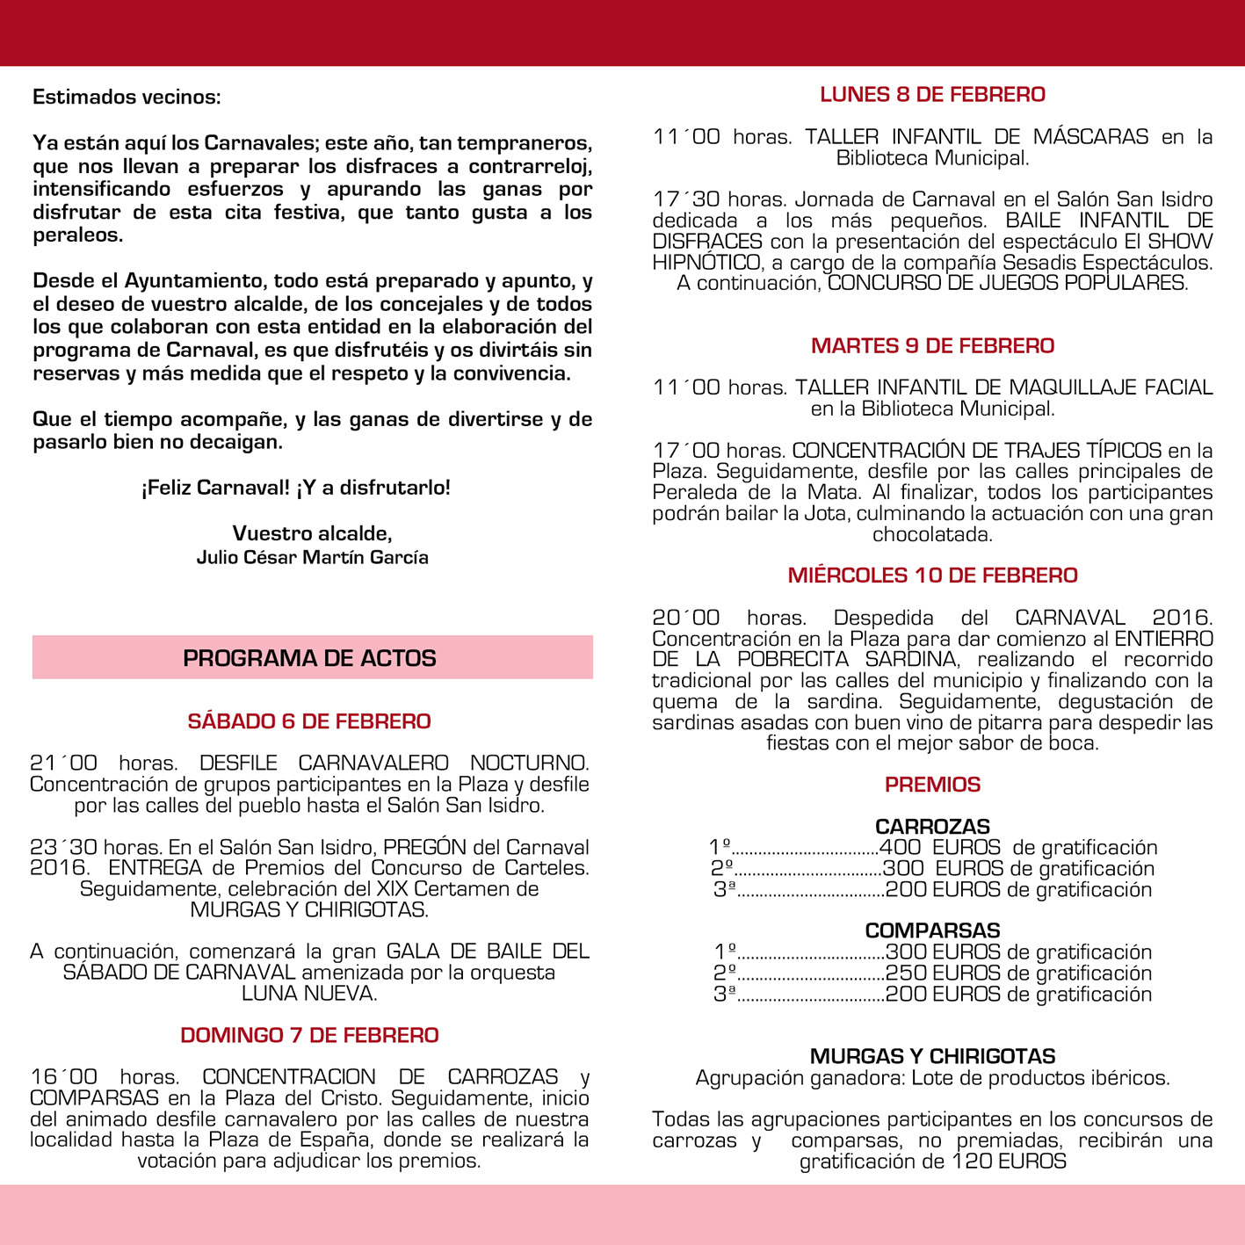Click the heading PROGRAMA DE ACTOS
[309, 658]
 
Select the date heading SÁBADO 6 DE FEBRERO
[309, 721]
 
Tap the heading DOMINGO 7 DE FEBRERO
[309, 1035]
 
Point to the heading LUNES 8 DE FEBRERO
[932, 95]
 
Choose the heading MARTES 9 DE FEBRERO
[932, 345]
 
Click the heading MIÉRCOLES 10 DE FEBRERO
[932, 575]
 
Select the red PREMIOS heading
[932, 785]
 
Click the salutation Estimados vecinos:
[127, 97]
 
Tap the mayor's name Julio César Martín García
[312, 557]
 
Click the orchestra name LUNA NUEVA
[309, 994]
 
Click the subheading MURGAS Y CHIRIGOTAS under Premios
[932, 1056]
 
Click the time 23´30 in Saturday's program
[63, 848]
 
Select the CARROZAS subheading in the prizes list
[932, 827]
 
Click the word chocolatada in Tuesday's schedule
[932, 534]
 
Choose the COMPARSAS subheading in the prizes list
[932, 930]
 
